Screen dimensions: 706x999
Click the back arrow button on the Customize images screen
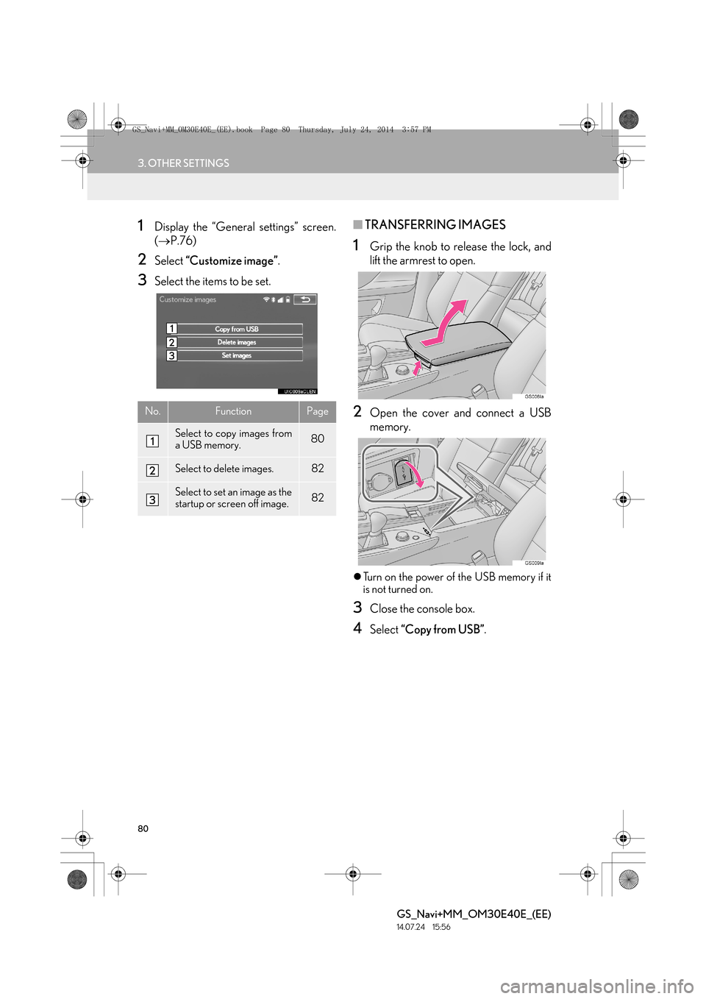[305, 299]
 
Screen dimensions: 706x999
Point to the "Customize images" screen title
[188, 299]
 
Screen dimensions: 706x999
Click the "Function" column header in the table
[233, 411]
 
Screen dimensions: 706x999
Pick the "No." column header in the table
[152, 411]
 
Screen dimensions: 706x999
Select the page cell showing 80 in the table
[318, 439]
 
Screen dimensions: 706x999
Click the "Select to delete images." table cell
[224, 469]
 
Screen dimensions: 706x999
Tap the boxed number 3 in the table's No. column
[152, 500]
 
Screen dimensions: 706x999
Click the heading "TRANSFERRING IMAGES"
[435, 225]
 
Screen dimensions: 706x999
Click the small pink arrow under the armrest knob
[417, 369]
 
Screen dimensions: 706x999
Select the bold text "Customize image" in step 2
[232, 261]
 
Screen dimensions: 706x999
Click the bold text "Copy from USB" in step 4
[443, 629]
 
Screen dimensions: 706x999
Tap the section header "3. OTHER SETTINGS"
[184, 163]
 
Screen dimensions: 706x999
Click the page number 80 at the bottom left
[143, 828]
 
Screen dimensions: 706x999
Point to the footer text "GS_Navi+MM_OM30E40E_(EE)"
[474, 914]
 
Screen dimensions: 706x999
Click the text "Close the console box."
[422, 609]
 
